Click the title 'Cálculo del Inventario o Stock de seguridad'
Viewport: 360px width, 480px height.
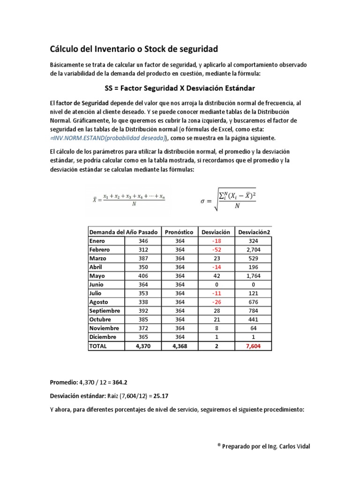134,49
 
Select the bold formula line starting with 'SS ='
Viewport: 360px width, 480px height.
180,88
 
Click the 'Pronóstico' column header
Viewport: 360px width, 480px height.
180,232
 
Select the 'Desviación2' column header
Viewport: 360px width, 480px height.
254,232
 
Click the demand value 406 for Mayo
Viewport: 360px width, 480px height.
143,276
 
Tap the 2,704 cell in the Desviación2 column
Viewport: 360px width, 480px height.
254,250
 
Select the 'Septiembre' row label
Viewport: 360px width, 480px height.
105,311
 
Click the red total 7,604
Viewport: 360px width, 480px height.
254,346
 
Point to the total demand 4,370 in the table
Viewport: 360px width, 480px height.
143,346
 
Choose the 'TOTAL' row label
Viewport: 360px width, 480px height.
98,346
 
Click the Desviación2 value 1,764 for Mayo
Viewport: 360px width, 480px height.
254,276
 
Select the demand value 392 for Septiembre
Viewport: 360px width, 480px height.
143,311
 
